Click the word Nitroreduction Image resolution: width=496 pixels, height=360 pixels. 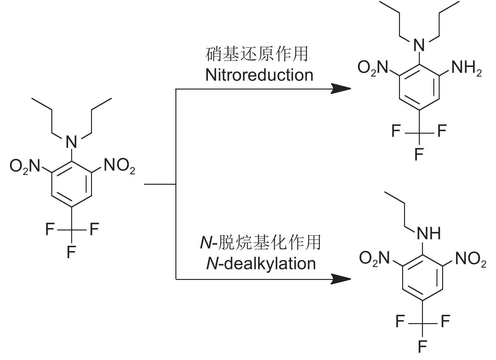(x=259, y=75)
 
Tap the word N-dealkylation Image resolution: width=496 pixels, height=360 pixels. (x=261, y=263)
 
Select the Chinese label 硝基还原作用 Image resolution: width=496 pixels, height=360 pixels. (x=257, y=54)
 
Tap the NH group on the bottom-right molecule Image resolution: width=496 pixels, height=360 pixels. (x=429, y=234)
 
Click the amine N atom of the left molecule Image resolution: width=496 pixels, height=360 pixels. (x=71, y=142)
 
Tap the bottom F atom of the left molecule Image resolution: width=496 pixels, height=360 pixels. (x=71, y=252)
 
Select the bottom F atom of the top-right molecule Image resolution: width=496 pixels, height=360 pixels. (x=419, y=154)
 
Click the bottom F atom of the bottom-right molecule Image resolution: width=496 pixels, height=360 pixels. (x=422, y=347)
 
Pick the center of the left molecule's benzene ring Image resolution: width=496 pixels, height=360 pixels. (x=71, y=184)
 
